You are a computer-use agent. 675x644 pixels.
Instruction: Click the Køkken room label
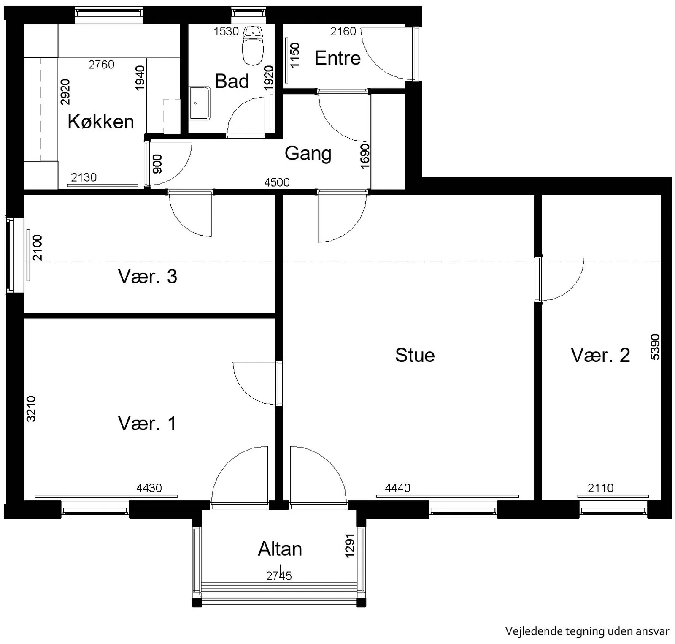(x=101, y=122)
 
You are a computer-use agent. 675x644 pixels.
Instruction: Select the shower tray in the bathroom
(x=199, y=103)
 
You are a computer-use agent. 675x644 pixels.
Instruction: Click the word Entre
(x=337, y=58)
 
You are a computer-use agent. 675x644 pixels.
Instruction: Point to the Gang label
(x=308, y=153)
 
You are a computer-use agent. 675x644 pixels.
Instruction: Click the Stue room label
(x=415, y=355)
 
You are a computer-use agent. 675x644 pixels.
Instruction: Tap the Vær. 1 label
(x=147, y=423)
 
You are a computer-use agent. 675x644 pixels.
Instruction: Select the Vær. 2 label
(x=600, y=355)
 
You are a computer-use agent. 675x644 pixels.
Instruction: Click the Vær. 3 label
(x=147, y=277)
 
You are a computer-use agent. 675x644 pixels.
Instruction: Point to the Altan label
(x=280, y=549)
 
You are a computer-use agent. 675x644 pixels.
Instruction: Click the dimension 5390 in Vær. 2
(x=655, y=347)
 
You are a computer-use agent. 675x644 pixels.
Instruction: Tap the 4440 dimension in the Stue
(x=397, y=488)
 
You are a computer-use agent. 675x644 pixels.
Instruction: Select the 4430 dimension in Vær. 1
(x=149, y=488)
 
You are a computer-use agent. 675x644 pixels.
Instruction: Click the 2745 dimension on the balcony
(x=279, y=576)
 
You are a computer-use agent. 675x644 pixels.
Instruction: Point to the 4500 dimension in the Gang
(x=277, y=182)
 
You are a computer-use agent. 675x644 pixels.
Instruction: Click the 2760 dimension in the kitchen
(x=101, y=65)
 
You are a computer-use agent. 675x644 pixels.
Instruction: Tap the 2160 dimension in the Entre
(x=343, y=31)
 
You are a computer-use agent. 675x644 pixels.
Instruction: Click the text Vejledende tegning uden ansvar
(x=587, y=631)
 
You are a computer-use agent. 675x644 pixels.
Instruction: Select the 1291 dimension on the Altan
(x=350, y=546)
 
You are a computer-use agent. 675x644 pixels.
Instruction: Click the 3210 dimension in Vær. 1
(x=31, y=409)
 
